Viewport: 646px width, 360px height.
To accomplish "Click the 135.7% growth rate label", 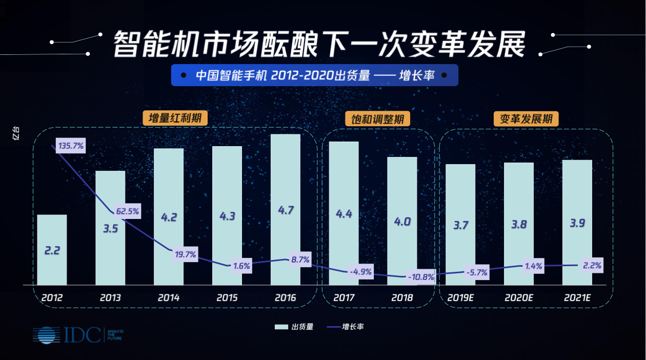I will tap(71, 146).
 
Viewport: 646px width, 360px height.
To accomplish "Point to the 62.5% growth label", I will tap(127, 211).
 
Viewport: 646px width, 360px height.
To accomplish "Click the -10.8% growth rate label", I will tap(421, 277).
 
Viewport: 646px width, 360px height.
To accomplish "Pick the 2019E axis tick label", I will tap(461, 297).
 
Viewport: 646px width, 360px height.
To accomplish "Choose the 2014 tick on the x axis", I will tap(169, 297).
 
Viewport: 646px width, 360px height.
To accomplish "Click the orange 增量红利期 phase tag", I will tap(175, 118).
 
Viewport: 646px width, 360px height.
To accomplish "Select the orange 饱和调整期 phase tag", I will tap(378, 119).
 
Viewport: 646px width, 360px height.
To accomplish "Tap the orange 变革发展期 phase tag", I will tap(526, 119).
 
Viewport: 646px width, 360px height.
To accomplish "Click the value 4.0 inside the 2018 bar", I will tap(402, 222).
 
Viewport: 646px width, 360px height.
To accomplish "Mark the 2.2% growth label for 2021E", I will tap(592, 266).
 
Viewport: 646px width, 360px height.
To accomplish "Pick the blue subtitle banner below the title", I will tap(314, 75).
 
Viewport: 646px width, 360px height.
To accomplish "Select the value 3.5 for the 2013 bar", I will tap(110, 229).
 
